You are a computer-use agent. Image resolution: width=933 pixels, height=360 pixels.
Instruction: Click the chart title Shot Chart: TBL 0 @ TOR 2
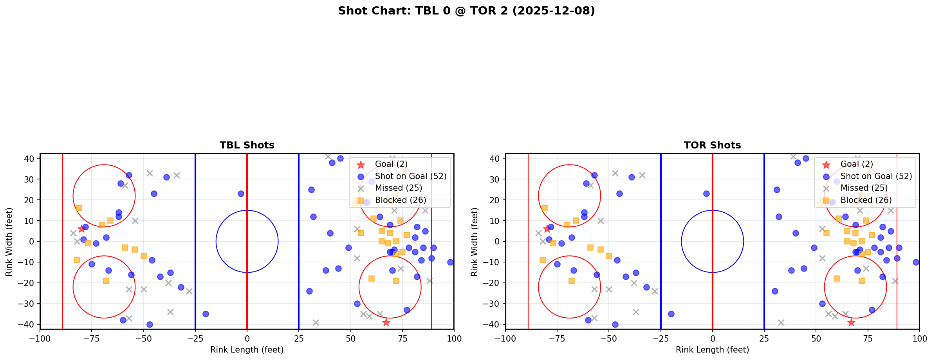[466, 11]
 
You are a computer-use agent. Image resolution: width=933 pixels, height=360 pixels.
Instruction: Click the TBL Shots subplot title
[247, 145]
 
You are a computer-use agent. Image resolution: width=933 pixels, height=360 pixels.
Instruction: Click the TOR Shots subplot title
[712, 145]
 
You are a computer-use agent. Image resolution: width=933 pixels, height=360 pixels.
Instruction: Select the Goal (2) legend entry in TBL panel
[391, 164]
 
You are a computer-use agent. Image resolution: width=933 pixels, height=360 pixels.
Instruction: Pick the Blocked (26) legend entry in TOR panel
[866, 200]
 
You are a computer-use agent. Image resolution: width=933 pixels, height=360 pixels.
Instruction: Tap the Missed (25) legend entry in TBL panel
[398, 188]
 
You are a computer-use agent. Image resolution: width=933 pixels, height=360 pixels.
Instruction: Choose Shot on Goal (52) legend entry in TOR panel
[876, 176]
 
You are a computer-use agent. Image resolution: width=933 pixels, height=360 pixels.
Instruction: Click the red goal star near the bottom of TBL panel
[386, 322]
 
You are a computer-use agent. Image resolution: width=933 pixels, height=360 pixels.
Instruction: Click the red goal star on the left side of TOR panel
[547, 229]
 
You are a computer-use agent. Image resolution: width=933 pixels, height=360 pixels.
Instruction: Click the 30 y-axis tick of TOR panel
[496, 179]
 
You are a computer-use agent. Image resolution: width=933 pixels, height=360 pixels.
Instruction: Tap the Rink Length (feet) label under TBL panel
[247, 350]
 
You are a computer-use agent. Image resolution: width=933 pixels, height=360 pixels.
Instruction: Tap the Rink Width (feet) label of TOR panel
[475, 241]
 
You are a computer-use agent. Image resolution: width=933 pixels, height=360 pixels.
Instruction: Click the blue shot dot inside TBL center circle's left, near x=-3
[241, 194]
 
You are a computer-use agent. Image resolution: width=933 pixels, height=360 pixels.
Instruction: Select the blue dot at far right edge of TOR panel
[916, 262]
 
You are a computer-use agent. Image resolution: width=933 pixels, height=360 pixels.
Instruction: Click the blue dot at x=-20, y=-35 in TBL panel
[206, 314]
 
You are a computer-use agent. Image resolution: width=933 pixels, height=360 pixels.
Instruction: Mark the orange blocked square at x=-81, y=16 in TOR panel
[544, 208]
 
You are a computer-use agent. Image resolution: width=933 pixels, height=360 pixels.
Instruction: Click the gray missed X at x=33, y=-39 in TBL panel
[316, 322]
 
